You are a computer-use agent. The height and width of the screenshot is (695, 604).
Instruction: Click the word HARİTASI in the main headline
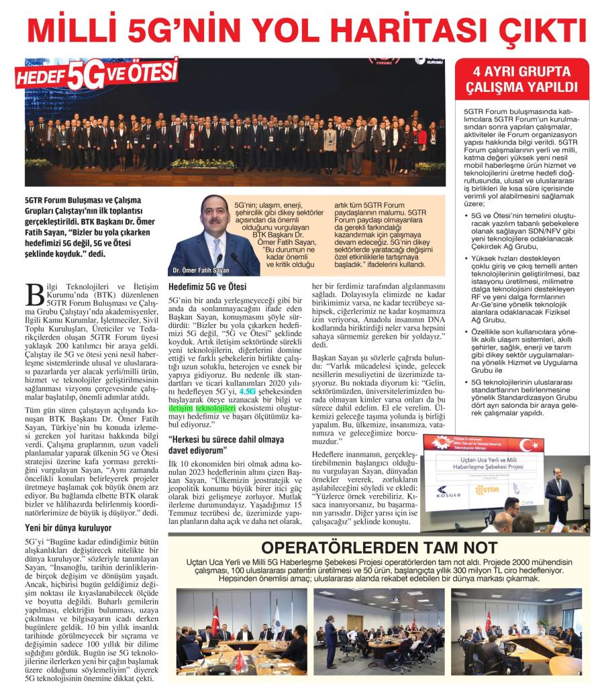(x=393, y=31)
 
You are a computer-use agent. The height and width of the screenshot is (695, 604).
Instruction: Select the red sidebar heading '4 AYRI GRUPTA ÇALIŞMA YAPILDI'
(x=521, y=80)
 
